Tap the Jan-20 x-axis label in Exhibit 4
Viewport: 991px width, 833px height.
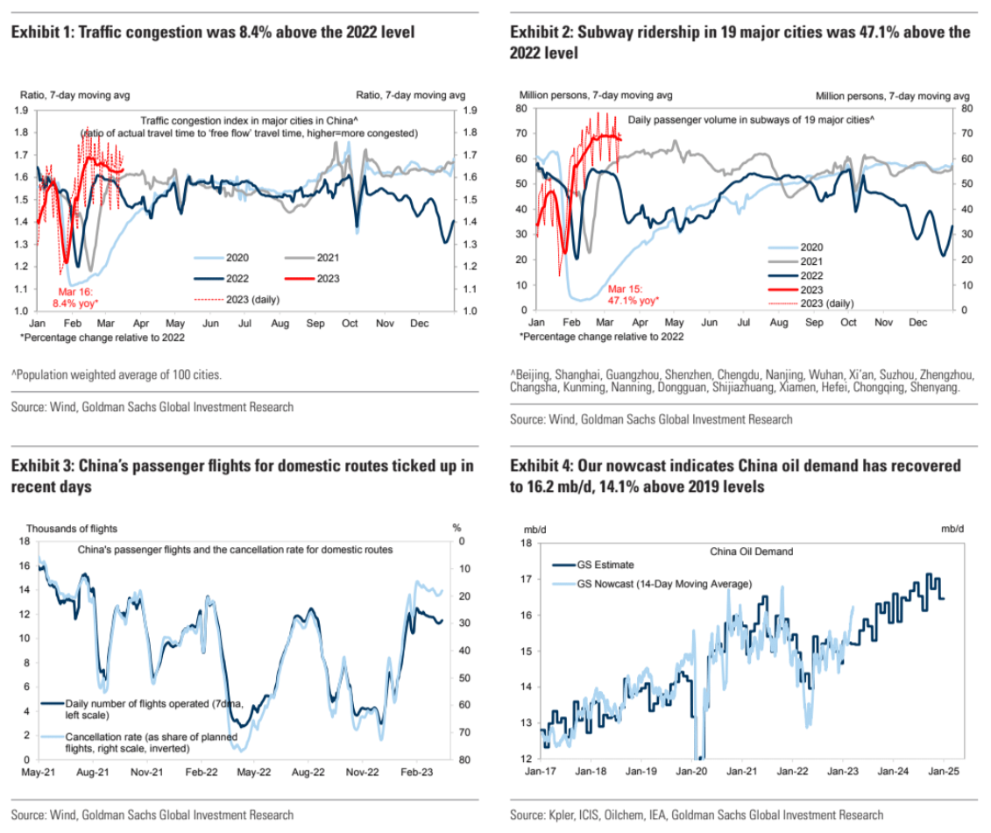(x=691, y=774)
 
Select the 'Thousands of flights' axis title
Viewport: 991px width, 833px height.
(x=72, y=528)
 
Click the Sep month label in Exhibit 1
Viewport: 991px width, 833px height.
(x=315, y=324)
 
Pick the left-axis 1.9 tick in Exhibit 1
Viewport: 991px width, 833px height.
(x=22, y=110)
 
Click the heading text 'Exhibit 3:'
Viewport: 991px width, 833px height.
(x=42, y=466)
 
